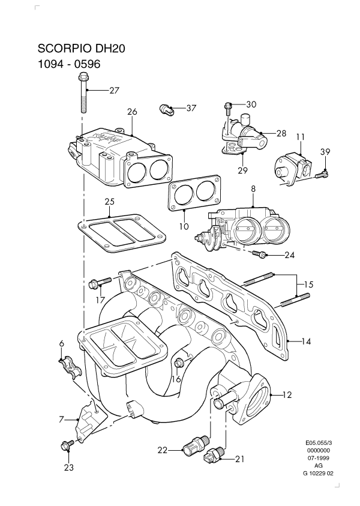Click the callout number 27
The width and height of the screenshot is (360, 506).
point(114,91)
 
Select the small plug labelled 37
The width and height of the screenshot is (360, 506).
point(166,109)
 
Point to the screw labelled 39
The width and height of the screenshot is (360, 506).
point(322,174)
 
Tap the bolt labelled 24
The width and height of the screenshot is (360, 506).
point(260,255)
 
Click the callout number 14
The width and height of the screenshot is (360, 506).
point(306,342)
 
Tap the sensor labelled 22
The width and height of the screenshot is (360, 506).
point(193,446)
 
